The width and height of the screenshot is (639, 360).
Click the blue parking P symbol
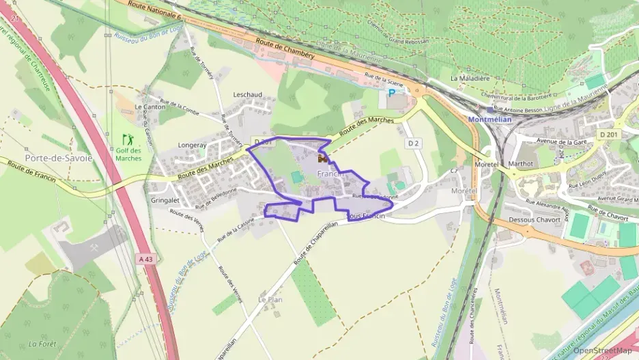[391, 93]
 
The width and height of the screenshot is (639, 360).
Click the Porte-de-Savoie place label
[58, 158]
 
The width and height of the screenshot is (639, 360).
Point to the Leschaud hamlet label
[247, 94]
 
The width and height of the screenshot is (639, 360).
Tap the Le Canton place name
[149, 107]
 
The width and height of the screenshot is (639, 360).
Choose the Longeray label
[172, 145]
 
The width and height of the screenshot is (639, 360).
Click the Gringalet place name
[165, 202]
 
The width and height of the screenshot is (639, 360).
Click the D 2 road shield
[412, 143]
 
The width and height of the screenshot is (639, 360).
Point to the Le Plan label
[270, 299]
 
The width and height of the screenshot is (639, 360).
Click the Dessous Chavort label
[535, 220]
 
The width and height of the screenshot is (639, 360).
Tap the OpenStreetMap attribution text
[602, 350]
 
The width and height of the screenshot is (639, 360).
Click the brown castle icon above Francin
[322, 158]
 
